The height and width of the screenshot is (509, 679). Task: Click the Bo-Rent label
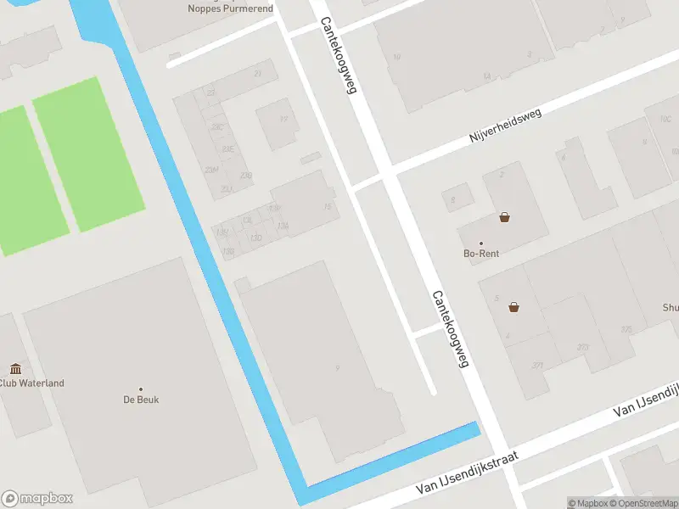(480, 254)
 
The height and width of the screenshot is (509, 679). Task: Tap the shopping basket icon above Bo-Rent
(505, 217)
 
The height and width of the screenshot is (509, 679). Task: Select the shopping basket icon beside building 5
(513, 307)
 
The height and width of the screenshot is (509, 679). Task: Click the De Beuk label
(140, 400)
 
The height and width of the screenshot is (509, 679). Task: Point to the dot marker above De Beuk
(141, 389)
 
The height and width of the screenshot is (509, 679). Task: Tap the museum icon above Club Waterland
(15, 368)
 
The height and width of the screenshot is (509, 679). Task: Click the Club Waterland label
(31, 383)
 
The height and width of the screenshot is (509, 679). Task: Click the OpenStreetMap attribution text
(643, 503)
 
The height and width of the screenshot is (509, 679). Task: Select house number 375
(627, 329)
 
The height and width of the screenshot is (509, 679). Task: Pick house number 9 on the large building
(338, 367)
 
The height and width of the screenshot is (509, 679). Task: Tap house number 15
(327, 206)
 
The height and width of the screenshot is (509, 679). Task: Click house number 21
(257, 74)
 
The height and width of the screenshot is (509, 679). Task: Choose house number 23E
(227, 148)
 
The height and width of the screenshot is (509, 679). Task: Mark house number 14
(486, 76)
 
